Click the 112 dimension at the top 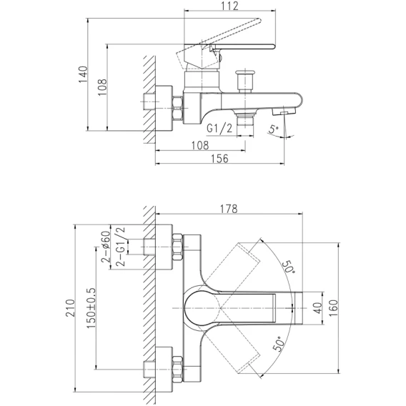(x=230, y=6)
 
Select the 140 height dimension (x=84, y=74)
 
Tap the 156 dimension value (x=219, y=159)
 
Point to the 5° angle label (x=274, y=129)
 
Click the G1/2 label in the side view (x=219, y=129)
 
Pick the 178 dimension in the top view (x=229, y=209)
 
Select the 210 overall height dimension (x=71, y=308)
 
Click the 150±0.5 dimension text (x=91, y=308)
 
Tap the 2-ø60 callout (x=106, y=247)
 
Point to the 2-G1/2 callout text (x=121, y=247)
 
